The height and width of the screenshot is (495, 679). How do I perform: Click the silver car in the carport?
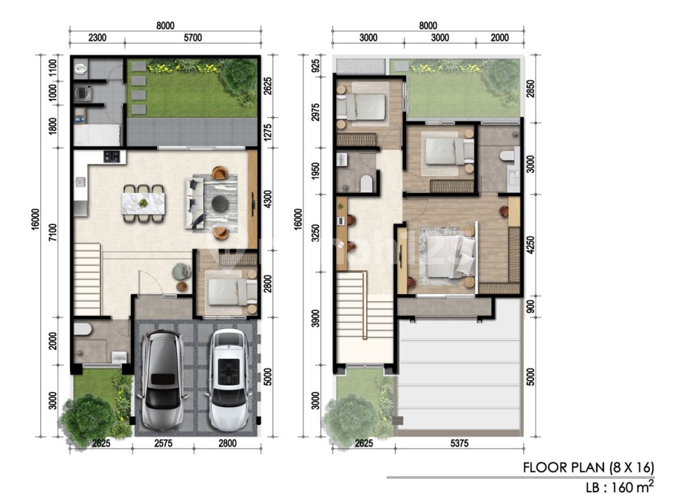161,380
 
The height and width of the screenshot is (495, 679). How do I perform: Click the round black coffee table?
220,204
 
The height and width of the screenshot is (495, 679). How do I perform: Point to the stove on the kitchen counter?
112,156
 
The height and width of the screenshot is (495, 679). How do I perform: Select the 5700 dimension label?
193,37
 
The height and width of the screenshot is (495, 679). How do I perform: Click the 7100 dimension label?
53,233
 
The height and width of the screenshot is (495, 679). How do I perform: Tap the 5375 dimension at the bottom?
459,443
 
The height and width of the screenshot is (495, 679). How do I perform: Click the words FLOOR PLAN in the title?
564,468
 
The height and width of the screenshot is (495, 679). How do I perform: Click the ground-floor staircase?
88,279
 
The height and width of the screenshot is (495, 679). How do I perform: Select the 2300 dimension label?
98,37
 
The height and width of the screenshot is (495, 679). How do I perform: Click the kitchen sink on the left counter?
80,182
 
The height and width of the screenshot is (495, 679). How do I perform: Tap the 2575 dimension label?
164,443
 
